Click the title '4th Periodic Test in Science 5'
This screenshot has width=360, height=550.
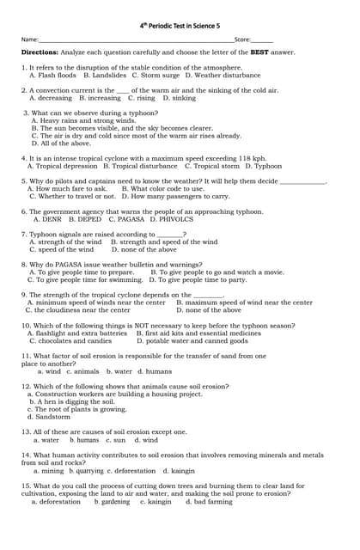pos(180,26)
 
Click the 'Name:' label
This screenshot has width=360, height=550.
pos(30,40)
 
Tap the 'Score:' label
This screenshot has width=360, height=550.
pos(242,40)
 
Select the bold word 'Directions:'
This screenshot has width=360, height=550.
pos(40,52)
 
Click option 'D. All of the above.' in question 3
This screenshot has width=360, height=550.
pos(61,144)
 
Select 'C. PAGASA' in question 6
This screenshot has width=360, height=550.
pos(125,219)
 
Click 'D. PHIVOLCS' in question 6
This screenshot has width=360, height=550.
pos(172,219)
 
